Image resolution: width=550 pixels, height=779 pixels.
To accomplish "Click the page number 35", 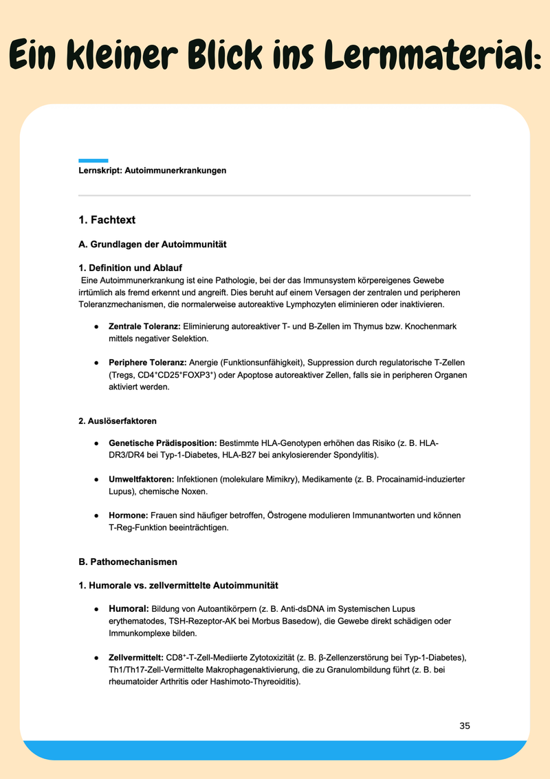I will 465,726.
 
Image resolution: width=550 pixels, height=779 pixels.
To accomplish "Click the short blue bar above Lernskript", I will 93,160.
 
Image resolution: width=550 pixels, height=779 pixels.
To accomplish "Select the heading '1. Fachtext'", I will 107,220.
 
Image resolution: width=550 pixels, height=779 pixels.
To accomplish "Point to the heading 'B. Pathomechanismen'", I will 128,562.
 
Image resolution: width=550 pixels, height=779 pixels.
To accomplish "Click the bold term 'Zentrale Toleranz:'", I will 144,326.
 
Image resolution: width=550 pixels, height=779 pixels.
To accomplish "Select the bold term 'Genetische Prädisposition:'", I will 163,443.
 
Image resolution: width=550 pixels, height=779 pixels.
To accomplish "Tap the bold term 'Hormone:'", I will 128,515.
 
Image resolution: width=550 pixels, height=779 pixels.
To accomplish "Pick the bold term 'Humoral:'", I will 129,609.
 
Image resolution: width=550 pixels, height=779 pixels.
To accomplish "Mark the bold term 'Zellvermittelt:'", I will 136,658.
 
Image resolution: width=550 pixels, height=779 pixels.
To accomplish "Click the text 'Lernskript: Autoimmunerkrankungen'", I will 153,171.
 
